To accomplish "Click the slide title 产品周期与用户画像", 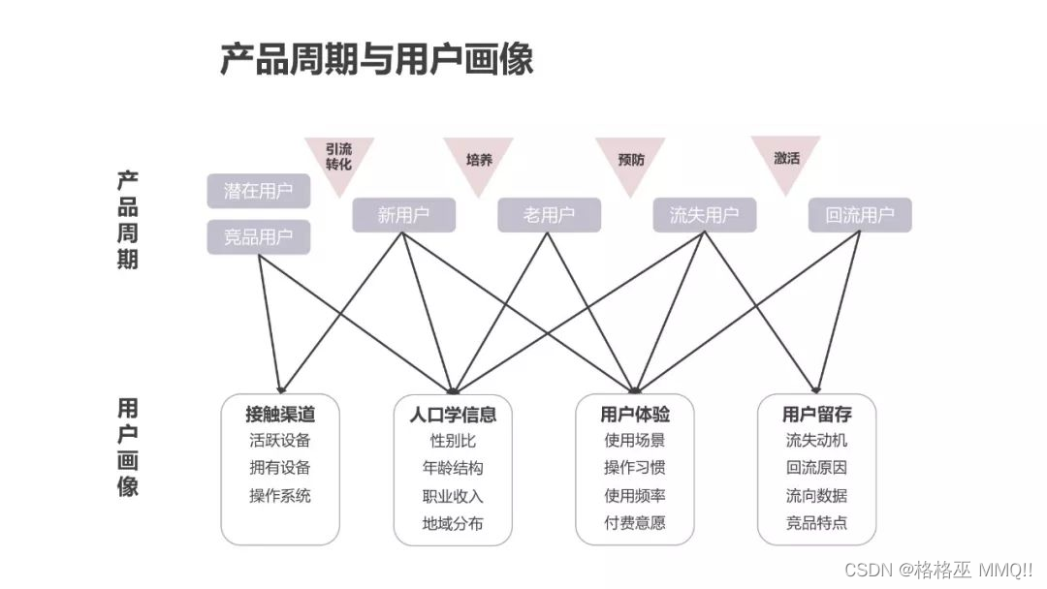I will [x=376, y=60].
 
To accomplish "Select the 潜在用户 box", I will [x=258, y=191].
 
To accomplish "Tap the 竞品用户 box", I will [x=258, y=237].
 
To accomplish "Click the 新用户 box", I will [x=403, y=215].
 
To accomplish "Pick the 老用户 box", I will [x=549, y=215].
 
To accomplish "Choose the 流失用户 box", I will [x=704, y=215].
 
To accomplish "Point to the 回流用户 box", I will [x=860, y=215].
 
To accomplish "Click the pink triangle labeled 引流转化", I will [x=338, y=158].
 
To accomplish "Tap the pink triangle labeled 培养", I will [x=479, y=159].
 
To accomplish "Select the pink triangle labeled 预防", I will [x=630, y=159].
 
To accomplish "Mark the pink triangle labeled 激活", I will [x=786, y=158].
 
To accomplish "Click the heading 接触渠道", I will [x=280, y=415].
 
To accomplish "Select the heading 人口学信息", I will [x=453, y=415].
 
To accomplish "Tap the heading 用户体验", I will [x=635, y=415].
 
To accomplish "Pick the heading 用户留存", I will [x=816, y=415].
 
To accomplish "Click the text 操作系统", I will [x=280, y=495].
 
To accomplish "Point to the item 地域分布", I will [x=453, y=523].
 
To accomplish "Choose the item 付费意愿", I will [x=635, y=523].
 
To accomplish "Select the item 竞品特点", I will [x=816, y=523].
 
